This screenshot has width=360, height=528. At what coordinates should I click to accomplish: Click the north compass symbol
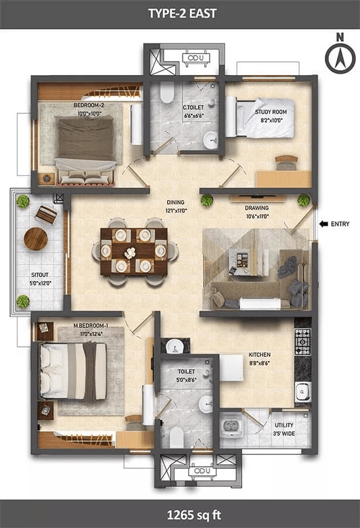340,54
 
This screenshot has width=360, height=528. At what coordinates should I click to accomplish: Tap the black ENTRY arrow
324,224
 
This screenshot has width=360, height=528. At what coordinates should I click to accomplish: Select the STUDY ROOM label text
271,112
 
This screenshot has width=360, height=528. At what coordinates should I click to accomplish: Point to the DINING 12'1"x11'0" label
176,207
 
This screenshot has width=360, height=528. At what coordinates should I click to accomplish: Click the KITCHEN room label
259,354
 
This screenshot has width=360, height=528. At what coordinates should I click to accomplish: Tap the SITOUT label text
40,275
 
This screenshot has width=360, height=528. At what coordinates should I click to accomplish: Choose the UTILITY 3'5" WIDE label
284,429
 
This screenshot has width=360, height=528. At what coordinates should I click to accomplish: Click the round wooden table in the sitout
36,239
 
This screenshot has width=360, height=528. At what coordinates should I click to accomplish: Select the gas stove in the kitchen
303,342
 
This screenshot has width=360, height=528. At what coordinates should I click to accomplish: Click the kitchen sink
303,392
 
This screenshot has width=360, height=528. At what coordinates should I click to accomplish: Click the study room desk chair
286,163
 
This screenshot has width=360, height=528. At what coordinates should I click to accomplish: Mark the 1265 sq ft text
194,515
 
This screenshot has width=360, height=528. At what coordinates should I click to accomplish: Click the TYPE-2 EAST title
182,13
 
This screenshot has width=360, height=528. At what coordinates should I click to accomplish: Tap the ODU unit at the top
196,57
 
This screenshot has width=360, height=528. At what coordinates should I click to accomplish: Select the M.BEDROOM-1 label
91,326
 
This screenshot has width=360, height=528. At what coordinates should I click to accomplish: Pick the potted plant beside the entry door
304,201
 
